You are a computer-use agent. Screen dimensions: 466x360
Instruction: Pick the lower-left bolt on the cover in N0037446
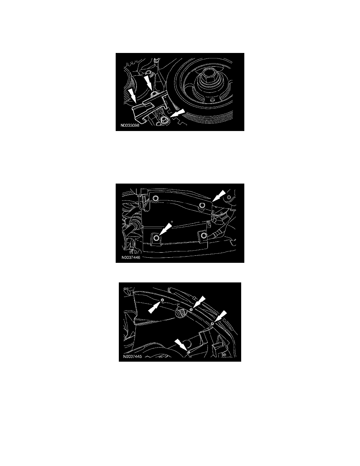click(156, 238)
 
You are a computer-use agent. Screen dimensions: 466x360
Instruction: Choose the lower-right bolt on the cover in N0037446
click(203, 235)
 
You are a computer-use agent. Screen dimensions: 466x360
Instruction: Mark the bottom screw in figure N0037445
click(188, 353)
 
